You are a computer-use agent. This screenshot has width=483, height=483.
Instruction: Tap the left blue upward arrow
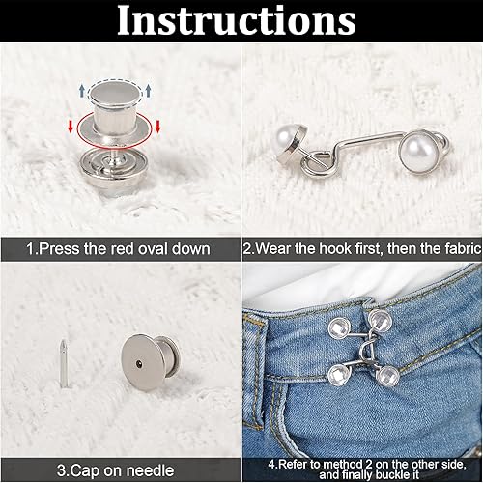click(82, 92)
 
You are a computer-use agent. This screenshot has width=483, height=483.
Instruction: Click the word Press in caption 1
click(50, 249)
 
